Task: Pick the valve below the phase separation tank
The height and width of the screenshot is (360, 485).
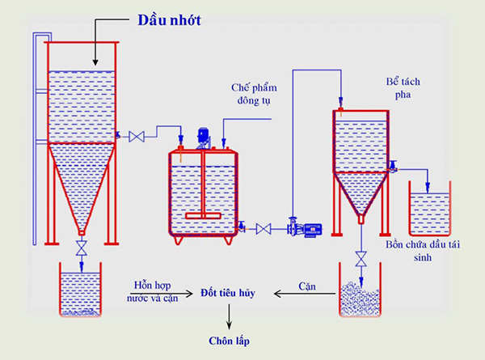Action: pyautogui.click(x=361, y=257)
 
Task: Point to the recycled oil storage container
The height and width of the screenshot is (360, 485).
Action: pyautogui.click(x=430, y=207)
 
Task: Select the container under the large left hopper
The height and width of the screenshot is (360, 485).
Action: pyautogui.click(x=80, y=290)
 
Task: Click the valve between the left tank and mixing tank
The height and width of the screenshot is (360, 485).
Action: pyautogui.click(x=137, y=137)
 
